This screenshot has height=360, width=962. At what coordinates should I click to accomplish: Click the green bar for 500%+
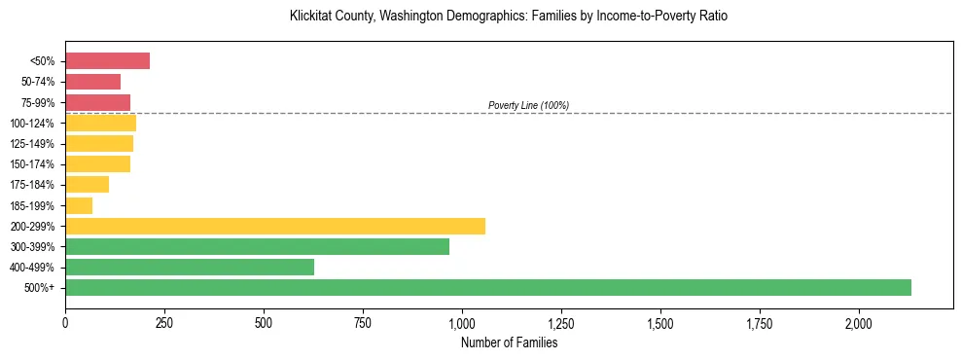coord(487,287)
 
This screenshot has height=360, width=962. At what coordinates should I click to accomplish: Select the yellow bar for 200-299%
coord(275,226)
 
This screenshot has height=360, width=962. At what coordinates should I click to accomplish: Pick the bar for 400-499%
coord(190,267)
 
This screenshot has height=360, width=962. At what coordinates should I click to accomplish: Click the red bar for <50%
coord(107,61)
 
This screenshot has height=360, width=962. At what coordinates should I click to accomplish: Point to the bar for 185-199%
coord(79,205)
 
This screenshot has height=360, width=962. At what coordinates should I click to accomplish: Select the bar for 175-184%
coord(87,185)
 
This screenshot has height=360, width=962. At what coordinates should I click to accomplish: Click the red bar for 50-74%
coord(92,82)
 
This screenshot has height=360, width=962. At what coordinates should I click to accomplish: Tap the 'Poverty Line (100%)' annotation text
coord(528,105)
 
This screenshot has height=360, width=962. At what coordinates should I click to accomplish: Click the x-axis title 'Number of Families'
coord(509,342)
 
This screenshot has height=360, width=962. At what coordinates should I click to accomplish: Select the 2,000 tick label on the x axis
coord(859,322)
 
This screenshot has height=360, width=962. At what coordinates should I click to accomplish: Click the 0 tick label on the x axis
coord(65,322)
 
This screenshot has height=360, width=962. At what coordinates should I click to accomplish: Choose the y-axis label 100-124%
coord(32,124)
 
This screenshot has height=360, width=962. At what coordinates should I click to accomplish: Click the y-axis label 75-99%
coord(37,103)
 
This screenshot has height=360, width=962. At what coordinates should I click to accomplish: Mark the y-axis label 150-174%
coord(32,164)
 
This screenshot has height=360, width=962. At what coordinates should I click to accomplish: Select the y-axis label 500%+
coord(40,288)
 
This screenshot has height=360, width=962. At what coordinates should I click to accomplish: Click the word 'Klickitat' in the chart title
coord(311,17)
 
